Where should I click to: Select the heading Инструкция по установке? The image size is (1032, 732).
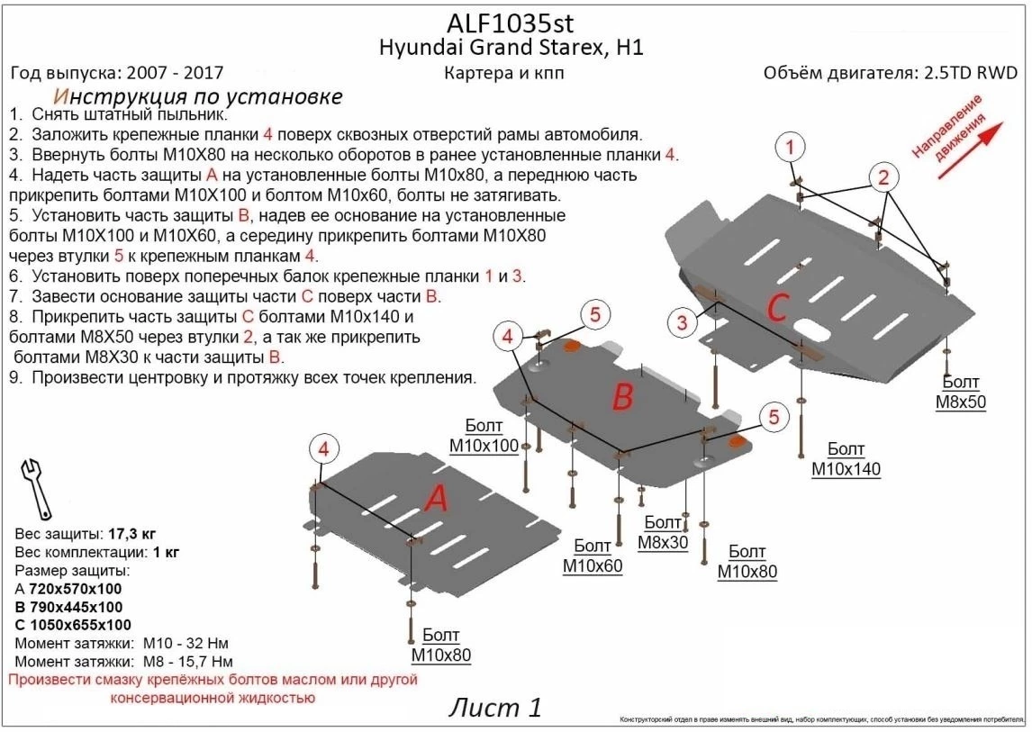tap(197, 96)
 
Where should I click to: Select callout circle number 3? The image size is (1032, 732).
tap(683, 321)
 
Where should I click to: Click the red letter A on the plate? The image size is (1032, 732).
tap(436, 498)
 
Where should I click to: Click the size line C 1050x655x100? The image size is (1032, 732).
tap(73, 625)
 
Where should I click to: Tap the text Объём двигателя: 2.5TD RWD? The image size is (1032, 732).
tap(890, 74)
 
